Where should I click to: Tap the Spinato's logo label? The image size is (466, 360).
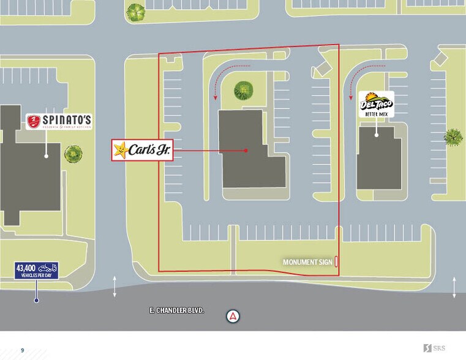[59, 122]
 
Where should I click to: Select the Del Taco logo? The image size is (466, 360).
[376, 104]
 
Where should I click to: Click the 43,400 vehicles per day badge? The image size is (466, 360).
[36, 271]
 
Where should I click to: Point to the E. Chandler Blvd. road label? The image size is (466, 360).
[176, 311]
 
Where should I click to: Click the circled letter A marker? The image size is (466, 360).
[233, 317]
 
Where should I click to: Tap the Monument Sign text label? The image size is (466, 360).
[307, 262]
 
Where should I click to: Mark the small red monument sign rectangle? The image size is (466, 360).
[336, 262]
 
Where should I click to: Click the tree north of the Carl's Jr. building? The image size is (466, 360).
[244, 91]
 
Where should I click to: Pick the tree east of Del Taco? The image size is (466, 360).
[453, 137]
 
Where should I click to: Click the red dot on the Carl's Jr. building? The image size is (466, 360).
[246, 150]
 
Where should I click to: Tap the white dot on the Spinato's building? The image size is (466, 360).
[46, 156]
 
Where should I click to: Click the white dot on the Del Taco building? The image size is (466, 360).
[376, 133]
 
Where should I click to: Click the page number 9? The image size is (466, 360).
[23, 350]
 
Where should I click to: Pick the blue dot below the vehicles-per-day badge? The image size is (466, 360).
[36, 300]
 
